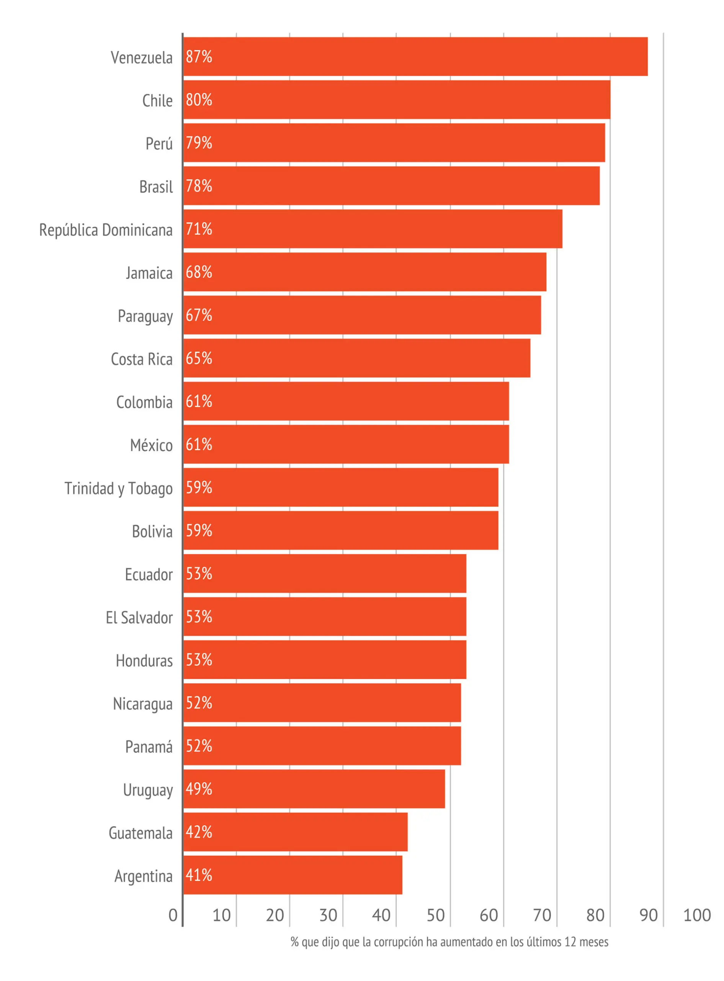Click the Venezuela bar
tap(415, 57)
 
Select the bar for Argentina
tap(292, 875)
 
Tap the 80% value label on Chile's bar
tap(199, 100)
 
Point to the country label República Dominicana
tap(106, 230)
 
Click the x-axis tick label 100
tap(697, 915)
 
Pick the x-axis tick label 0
tap(173, 915)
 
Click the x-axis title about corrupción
tap(449, 942)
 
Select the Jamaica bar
tap(364, 272)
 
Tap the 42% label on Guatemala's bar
tap(199, 832)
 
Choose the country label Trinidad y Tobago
tap(119, 489)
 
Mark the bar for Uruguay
tap(314, 789)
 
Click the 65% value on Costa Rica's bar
tap(199, 358)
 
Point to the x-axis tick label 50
tap(436, 915)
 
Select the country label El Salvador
tap(139, 617)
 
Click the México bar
tap(346, 444)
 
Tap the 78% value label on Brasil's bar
tap(199, 186)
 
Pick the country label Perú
tap(159, 143)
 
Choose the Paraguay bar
tap(362, 315)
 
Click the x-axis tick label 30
tap(328, 915)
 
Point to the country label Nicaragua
tap(143, 704)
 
